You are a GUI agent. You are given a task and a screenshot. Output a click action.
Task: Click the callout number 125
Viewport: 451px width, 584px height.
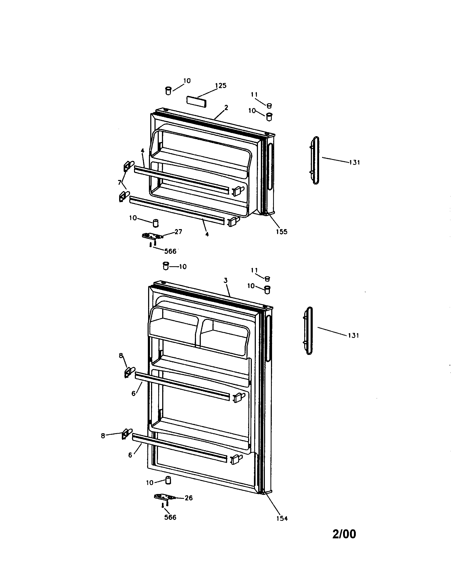(x=221, y=85)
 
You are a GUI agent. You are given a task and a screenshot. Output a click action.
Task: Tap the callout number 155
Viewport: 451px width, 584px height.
(x=281, y=231)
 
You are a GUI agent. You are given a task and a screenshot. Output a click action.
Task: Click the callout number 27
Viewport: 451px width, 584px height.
(x=178, y=231)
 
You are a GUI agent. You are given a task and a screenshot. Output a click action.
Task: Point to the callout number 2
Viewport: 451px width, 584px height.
(x=226, y=108)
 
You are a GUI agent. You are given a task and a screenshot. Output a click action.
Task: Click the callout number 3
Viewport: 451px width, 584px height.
(x=225, y=280)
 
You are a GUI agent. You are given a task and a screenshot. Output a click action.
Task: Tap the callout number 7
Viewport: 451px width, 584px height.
(x=119, y=182)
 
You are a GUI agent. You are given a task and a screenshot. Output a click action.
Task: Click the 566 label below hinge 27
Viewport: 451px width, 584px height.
(x=170, y=251)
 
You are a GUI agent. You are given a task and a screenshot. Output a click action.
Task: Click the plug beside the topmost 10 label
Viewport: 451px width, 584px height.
(x=168, y=91)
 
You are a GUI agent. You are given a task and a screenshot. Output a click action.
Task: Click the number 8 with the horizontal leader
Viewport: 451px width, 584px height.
(x=103, y=436)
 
